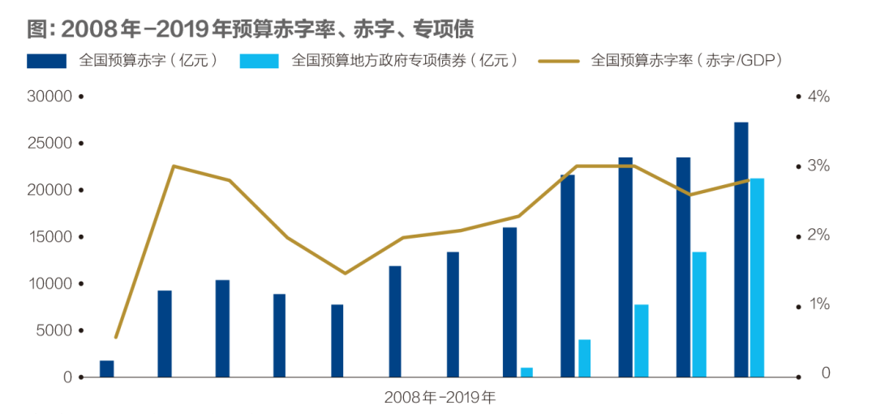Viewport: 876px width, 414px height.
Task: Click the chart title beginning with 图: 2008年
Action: click(250, 29)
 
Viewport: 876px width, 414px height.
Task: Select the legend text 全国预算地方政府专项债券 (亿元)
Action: click(404, 61)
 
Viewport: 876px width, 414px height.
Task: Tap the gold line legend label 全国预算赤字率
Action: click(686, 61)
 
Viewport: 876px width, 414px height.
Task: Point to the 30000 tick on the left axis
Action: click(50, 97)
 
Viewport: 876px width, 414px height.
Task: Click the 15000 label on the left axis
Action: click(50, 237)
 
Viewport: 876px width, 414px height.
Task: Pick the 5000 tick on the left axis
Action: click(54, 330)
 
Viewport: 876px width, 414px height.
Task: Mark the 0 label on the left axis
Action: click(68, 377)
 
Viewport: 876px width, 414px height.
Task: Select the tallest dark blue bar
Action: click(741, 250)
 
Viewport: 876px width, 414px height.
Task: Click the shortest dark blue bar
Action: click(106, 369)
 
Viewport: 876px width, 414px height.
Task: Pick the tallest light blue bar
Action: click(757, 278)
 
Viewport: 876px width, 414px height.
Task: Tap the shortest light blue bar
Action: click(526, 373)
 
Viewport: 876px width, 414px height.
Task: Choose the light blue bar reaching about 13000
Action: click(699, 315)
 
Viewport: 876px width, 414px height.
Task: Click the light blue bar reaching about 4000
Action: click(584, 359)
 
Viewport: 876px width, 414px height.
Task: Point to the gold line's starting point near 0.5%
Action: click(116, 337)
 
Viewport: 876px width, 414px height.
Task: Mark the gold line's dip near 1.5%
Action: click(345, 273)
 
